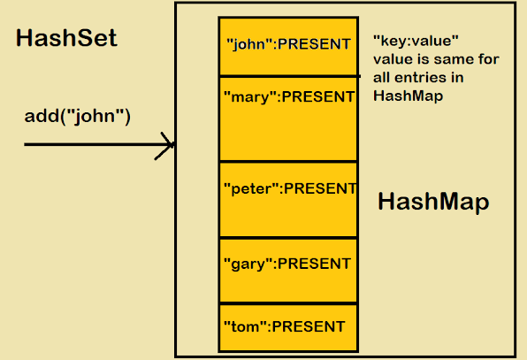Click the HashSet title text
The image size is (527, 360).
66,40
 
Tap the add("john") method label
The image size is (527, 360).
78,115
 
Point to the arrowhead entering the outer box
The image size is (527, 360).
166,144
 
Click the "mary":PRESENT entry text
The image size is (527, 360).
288,96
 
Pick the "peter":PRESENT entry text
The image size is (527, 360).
290,188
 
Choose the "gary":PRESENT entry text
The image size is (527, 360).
288,263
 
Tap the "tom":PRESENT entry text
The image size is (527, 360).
284,326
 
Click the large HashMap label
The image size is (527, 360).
433,203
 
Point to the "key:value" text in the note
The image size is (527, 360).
416,41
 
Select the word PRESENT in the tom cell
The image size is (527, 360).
308,326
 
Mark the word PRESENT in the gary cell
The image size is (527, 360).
314,263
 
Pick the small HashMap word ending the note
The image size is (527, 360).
408,96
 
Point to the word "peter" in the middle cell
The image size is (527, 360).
252,188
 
